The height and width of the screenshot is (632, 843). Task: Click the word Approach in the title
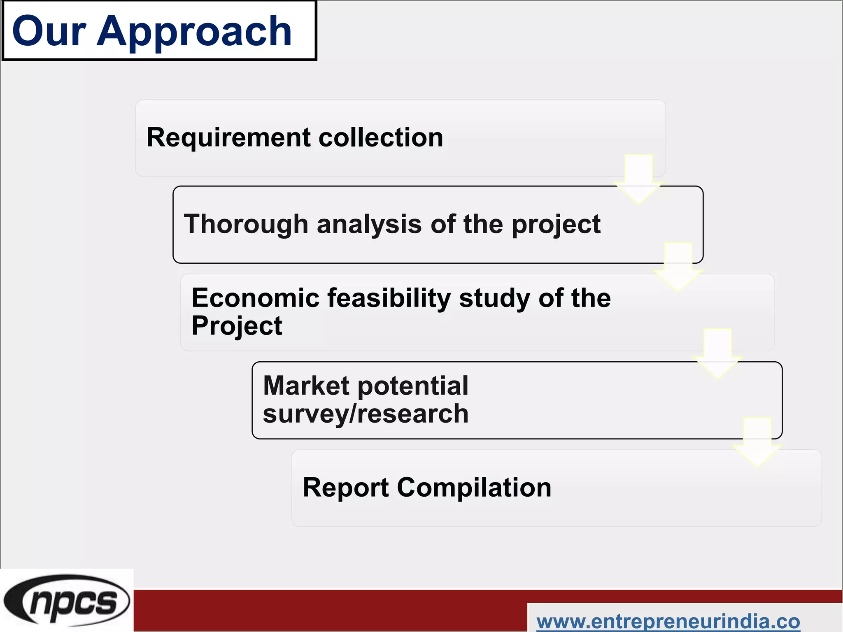(194, 32)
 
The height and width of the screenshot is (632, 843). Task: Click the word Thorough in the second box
(246, 224)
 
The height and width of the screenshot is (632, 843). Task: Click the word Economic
(255, 298)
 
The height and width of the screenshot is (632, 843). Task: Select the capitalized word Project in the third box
(237, 326)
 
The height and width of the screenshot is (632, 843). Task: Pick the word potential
(413, 386)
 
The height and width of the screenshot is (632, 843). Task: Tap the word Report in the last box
(346, 488)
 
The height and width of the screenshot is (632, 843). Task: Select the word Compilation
(474, 488)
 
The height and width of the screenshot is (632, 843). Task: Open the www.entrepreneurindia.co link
(668, 621)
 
